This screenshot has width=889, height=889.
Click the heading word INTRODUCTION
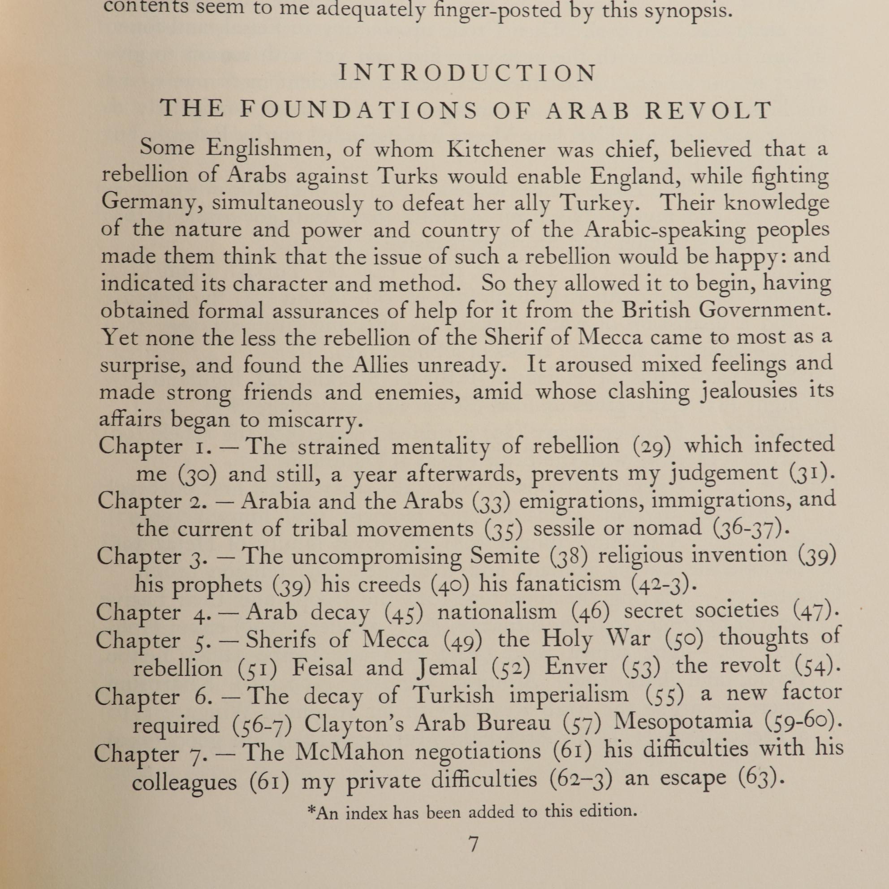tap(467, 73)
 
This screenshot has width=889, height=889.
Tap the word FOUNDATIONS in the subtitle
tap(359, 110)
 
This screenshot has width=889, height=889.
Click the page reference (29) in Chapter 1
tap(652, 446)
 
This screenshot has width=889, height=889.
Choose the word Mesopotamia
tap(683, 721)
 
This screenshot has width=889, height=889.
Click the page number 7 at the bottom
tap(473, 845)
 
